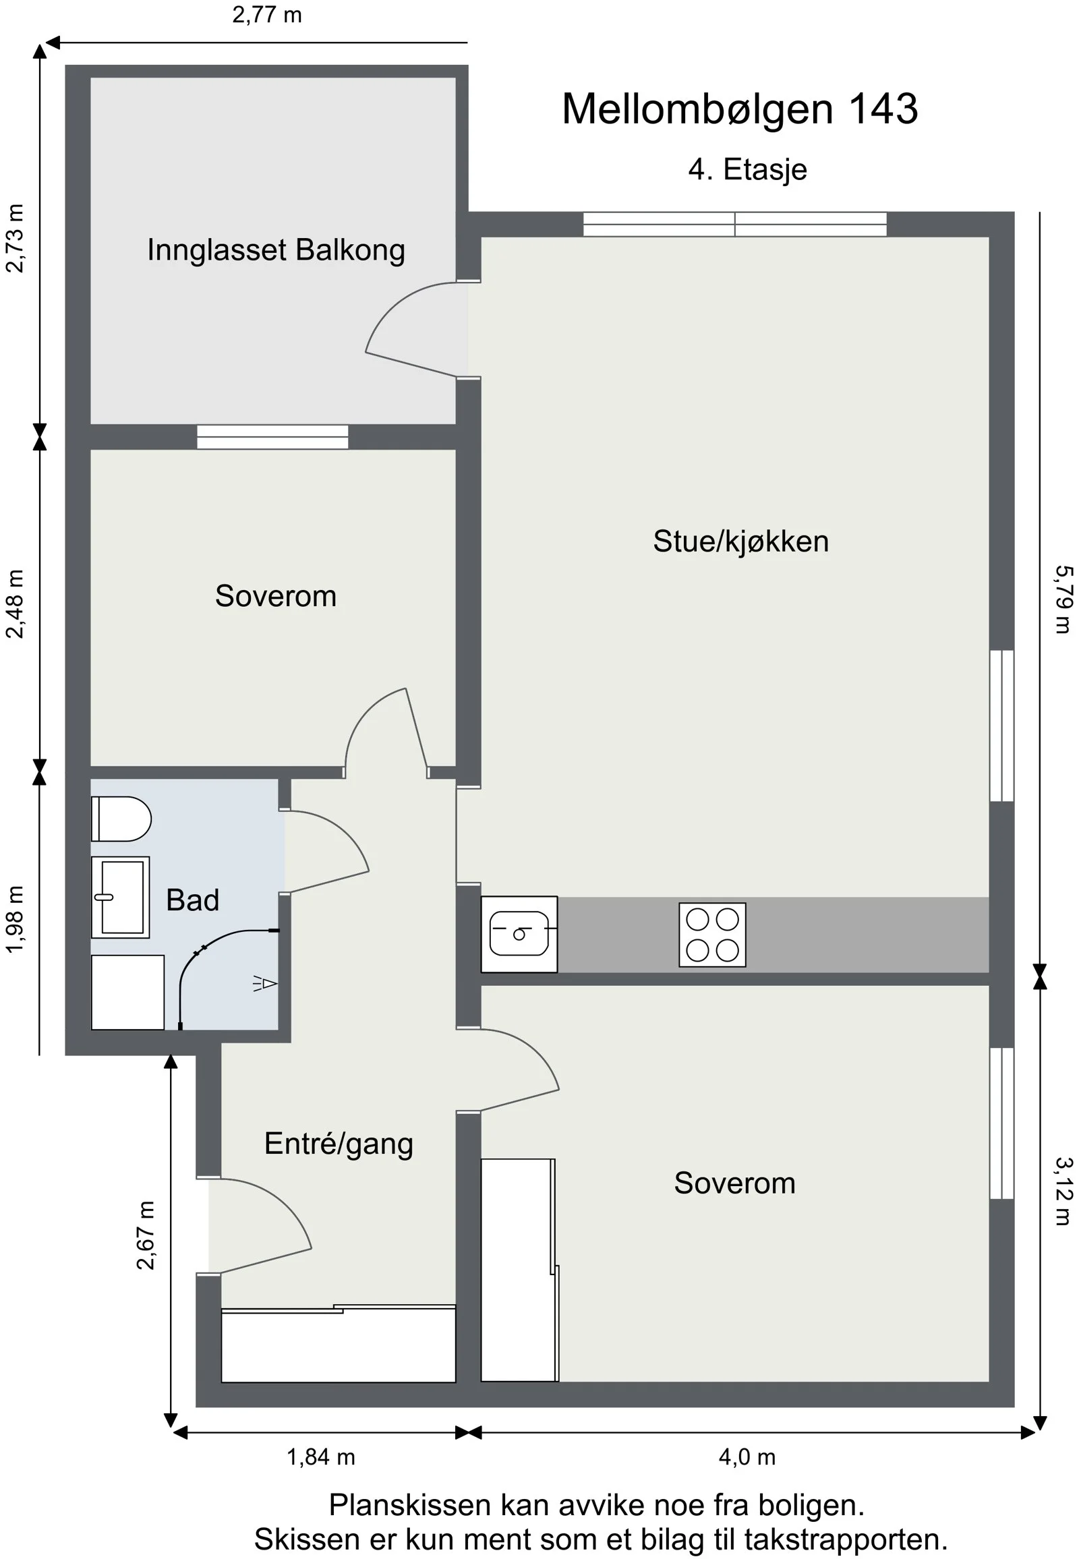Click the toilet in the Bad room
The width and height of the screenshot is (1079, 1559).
click(x=121, y=819)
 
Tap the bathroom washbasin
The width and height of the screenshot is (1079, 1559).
click(x=120, y=897)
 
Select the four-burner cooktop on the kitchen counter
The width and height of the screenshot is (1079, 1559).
click(x=713, y=935)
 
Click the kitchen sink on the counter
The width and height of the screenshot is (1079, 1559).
click(x=519, y=935)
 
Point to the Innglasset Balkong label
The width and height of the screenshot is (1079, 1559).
click(x=276, y=250)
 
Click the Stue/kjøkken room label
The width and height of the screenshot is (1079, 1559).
click(x=741, y=541)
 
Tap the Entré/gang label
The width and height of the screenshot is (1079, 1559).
click(x=339, y=1144)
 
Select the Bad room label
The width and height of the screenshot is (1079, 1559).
click(x=193, y=900)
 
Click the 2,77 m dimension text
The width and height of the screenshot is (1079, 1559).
click(x=267, y=15)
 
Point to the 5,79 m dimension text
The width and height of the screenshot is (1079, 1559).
click(x=1063, y=599)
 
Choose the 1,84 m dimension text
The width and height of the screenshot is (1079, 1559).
click(x=321, y=1457)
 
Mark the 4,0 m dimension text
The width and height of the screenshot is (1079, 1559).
click(x=747, y=1457)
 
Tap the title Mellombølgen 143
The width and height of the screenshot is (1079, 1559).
click(x=740, y=108)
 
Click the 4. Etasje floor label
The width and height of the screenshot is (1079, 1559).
click(x=748, y=169)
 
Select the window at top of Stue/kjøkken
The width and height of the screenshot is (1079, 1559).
click(x=735, y=225)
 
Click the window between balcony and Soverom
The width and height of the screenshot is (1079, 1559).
click(x=272, y=437)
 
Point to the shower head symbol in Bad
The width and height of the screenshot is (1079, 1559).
click(x=265, y=983)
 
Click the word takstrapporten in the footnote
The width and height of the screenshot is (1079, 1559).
click(x=846, y=1539)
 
